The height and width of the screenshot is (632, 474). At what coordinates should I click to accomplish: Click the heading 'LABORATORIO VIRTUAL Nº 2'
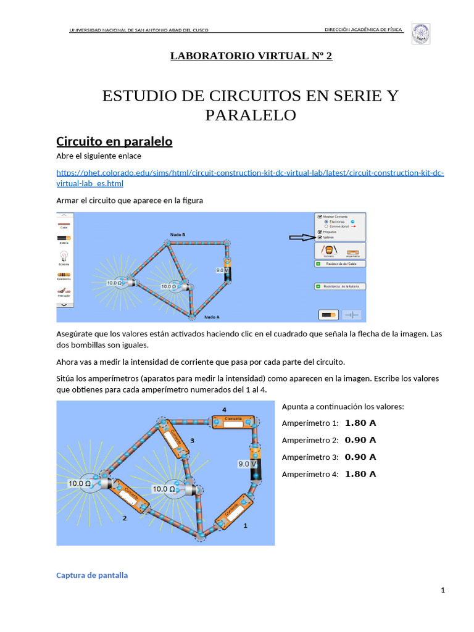tap(251, 56)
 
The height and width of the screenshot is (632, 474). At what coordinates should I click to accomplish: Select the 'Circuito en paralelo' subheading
tap(114, 141)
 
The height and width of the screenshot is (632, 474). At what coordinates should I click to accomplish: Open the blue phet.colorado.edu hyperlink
tap(250, 178)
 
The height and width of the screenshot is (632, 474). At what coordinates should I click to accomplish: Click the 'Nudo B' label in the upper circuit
tap(177, 235)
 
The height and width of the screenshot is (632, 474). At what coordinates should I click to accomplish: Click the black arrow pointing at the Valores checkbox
tap(302, 237)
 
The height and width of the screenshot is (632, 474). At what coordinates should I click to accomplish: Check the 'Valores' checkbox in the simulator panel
tap(320, 237)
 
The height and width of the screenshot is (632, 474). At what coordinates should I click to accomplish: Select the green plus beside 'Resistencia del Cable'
tap(318, 264)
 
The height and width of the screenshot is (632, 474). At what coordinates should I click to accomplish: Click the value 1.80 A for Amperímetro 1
tap(360, 423)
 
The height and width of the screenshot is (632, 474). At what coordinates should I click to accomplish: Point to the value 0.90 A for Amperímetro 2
tap(360, 440)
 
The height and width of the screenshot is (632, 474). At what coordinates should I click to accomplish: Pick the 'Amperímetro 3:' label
tap(310, 457)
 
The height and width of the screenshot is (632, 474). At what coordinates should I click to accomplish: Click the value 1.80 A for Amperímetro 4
tap(360, 474)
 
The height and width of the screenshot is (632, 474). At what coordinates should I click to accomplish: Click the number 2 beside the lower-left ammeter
tap(125, 518)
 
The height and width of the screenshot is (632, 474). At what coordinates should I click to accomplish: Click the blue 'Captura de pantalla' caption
tap(92, 575)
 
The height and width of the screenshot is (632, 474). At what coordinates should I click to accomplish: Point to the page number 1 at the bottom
tap(443, 591)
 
